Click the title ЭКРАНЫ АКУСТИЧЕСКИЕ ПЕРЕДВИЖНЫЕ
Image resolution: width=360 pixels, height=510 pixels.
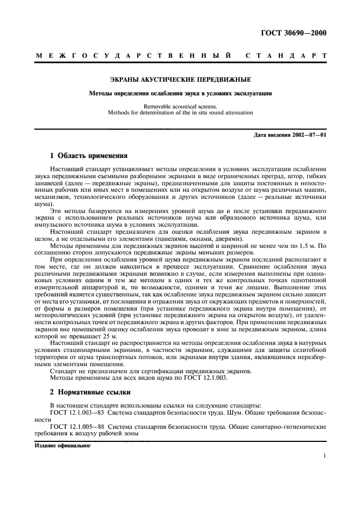click(180, 80)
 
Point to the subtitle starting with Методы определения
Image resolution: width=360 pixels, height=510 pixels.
click(180, 93)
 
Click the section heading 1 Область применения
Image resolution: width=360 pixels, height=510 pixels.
click(88, 155)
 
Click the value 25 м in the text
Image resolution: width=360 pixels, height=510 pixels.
click(88, 338)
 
